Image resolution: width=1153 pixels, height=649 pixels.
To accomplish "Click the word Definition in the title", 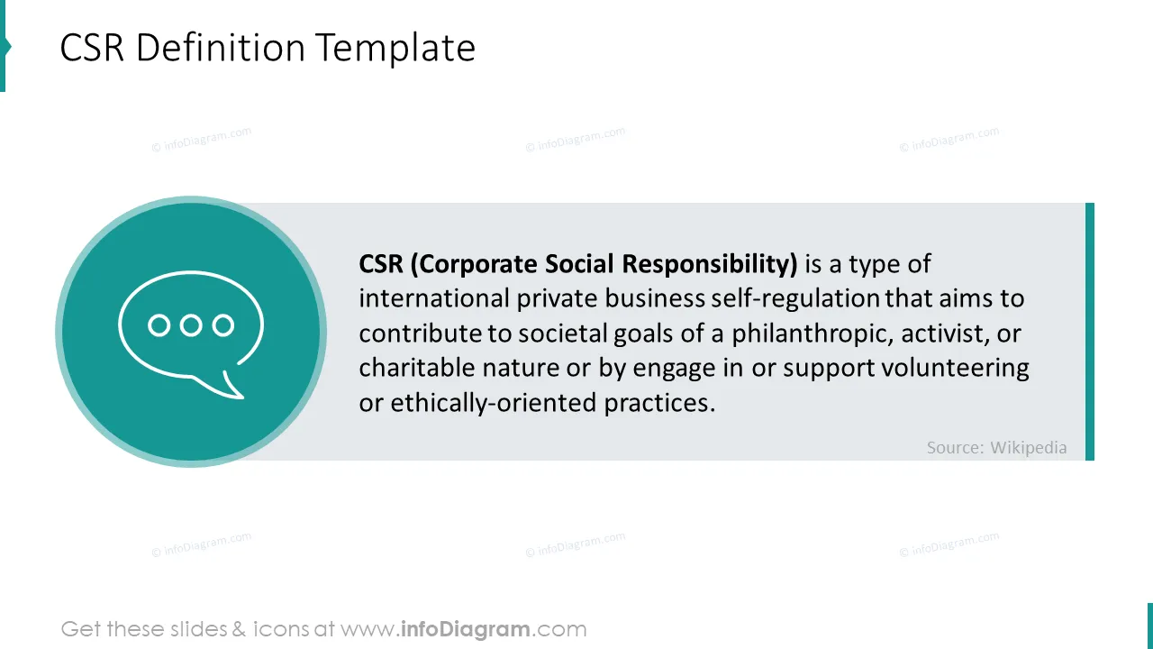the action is tap(221, 48).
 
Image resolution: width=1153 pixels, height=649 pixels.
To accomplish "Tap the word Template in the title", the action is tap(395, 49).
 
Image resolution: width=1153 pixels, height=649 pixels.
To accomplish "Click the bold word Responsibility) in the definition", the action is tap(710, 264).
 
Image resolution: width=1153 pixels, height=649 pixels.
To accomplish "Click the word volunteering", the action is tap(956, 369).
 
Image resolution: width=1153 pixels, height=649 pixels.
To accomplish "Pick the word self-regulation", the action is tap(795, 298).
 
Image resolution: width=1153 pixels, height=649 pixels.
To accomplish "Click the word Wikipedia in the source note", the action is tap(1029, 448).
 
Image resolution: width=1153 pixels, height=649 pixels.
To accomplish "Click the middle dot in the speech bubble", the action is tap(191, 325).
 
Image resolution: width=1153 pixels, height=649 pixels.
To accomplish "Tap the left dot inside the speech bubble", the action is tap(159, 325).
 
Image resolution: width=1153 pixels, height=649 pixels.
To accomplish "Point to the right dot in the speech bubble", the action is tap(223, 325).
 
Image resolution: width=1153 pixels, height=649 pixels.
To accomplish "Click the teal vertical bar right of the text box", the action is tap(1090, 332).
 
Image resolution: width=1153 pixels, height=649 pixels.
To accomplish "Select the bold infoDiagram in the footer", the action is tap(466, 629).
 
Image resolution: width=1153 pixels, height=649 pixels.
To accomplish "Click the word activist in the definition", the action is tap(945, 334).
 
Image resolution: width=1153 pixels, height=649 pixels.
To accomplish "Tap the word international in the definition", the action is tap(434, 298).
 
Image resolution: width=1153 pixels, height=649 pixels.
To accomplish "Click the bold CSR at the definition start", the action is tap(381, 264).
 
